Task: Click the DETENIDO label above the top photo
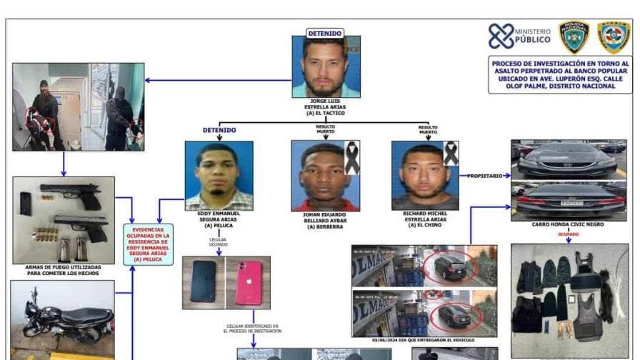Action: [x=325, y=33]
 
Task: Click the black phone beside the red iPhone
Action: [x=204, y=281]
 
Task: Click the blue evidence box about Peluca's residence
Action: [x=148, y=244]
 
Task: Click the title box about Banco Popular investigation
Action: [x=560, y=75]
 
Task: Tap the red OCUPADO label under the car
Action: [x=569, y=234]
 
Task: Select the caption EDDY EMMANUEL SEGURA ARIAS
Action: [x=219, y=219]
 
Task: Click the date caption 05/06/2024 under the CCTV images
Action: [x=424, y=341]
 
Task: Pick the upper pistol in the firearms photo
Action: [x=70, y=193]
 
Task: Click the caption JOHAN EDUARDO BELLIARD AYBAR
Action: [x=325, y=219]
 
